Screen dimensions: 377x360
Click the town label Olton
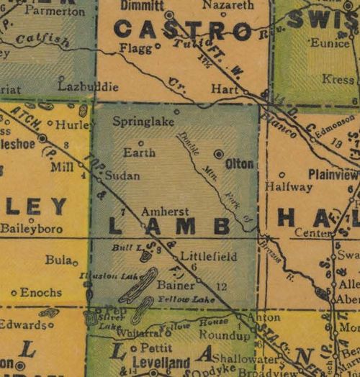(239, 164)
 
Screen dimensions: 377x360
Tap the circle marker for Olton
(219, 153)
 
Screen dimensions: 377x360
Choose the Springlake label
(143, 122)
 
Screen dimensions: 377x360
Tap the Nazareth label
(228, 5)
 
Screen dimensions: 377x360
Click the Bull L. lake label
(126, 247)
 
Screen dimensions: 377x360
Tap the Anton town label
(258, 316)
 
